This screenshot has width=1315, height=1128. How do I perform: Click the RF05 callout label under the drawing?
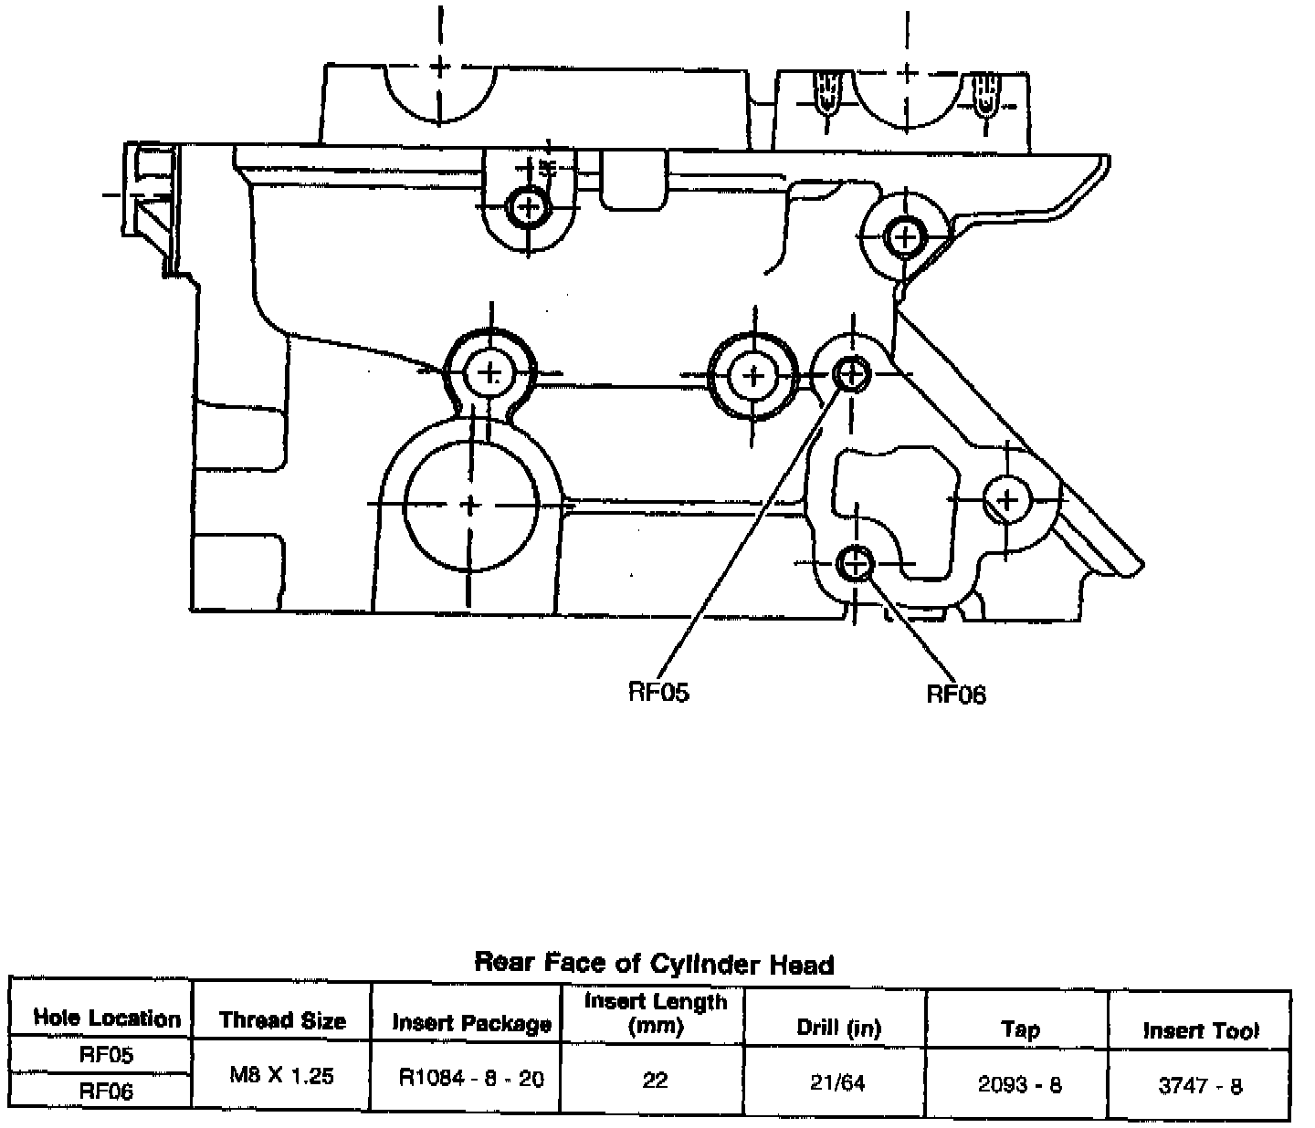[x=658, y=692]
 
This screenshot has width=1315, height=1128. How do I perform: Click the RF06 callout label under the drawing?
[x=956, y=695]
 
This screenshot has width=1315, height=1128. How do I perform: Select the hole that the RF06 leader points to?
[x=856, y=563]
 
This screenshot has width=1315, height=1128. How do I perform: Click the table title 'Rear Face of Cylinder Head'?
[x=654, y=963]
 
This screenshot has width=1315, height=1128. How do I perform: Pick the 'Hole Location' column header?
[x=107, y=1018]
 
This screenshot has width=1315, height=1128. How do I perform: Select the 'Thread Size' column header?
[x=282, y=1020]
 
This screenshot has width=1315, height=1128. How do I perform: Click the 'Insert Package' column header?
[x=471, y=1023]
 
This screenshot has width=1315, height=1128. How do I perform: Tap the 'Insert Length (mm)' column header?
[x=656, y=1013]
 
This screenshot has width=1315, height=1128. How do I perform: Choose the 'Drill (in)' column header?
[x=837, y=1029]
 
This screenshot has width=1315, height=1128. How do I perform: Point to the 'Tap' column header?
[x=1019, y=1029]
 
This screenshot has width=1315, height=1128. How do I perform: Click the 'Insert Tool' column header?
[x=1200, y=1030]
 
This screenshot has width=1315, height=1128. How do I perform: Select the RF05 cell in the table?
[x=107, y=1055]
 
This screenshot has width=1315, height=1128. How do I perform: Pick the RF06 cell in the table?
[x=107, y=1091]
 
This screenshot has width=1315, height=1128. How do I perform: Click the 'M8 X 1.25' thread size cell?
[x=281, y=1075]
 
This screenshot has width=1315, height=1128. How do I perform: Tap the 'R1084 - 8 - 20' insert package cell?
[x=471, y=1079]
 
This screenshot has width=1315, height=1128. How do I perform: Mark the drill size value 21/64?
[x=837, y=1082]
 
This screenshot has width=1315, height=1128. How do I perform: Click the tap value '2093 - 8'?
[x=1019, y=1085]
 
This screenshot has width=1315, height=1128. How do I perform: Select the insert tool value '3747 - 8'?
[x=1200, y=1086]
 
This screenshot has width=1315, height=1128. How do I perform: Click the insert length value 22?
[x=655, y=1081]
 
